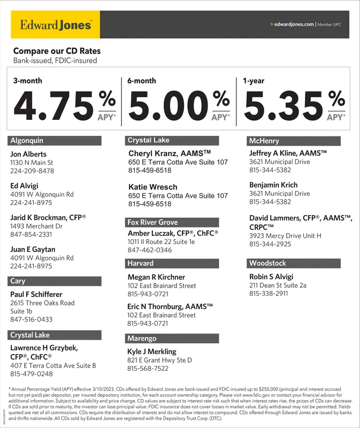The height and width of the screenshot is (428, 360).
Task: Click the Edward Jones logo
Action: pos(56,25)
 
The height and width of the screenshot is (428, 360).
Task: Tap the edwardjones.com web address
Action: pos(294,25)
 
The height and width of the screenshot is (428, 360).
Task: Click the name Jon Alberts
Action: pos(28,154)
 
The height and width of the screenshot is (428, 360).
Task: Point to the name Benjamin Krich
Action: pos(273,185)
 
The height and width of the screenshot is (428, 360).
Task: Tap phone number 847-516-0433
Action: pos(32,319)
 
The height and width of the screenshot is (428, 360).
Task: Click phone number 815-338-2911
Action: pos(269,294)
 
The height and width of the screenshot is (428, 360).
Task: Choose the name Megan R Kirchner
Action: pos(156,277)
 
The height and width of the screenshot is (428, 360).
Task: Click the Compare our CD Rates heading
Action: pos(57,51)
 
